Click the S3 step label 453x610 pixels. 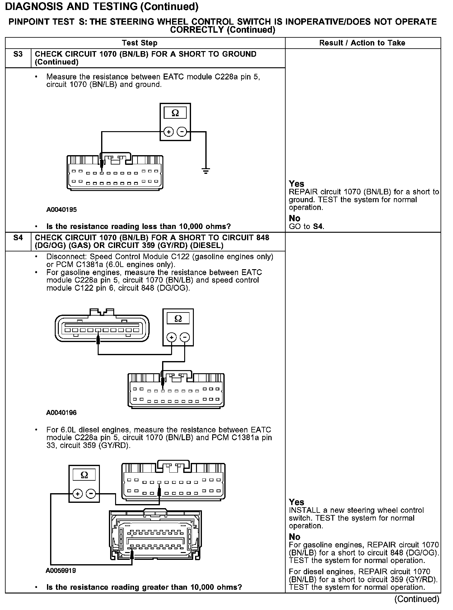click(18, 54)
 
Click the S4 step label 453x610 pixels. click(18, 238)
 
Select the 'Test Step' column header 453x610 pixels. click(140, 43)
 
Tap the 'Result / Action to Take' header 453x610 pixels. click(362, 43)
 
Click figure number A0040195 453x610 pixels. click(61, 210)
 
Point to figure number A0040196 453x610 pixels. click(61, 413)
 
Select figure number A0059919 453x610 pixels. click(61, 571)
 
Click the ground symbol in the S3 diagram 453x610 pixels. click(206, 171)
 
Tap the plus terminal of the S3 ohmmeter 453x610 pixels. click(169, 132)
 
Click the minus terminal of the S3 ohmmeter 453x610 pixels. click(182, 132)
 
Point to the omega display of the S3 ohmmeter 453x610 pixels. click(175, 113)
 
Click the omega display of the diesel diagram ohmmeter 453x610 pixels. click(84, 475)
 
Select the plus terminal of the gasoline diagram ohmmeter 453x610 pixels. click(172, 337)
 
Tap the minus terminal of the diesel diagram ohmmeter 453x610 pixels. click(91, 494)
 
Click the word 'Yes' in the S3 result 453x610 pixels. click(296, 184)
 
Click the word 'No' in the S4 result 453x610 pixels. click(294, 537)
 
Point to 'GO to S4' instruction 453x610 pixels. click(306, 226)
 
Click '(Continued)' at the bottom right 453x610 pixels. click(417, 599)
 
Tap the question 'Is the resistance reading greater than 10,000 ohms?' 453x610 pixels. click(144, 587)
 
